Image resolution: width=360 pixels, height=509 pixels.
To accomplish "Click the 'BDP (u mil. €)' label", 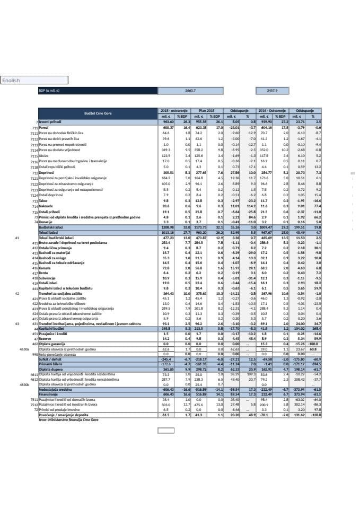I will tap(48, 91).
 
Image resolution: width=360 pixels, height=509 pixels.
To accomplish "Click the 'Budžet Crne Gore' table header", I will tap(98, 113).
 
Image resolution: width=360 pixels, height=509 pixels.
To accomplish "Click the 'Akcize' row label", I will tap(43, 156).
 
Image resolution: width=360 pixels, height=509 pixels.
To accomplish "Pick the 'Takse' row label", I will tap(43, 201).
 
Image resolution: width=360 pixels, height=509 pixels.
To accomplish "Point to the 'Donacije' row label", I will tap(45, 222).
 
